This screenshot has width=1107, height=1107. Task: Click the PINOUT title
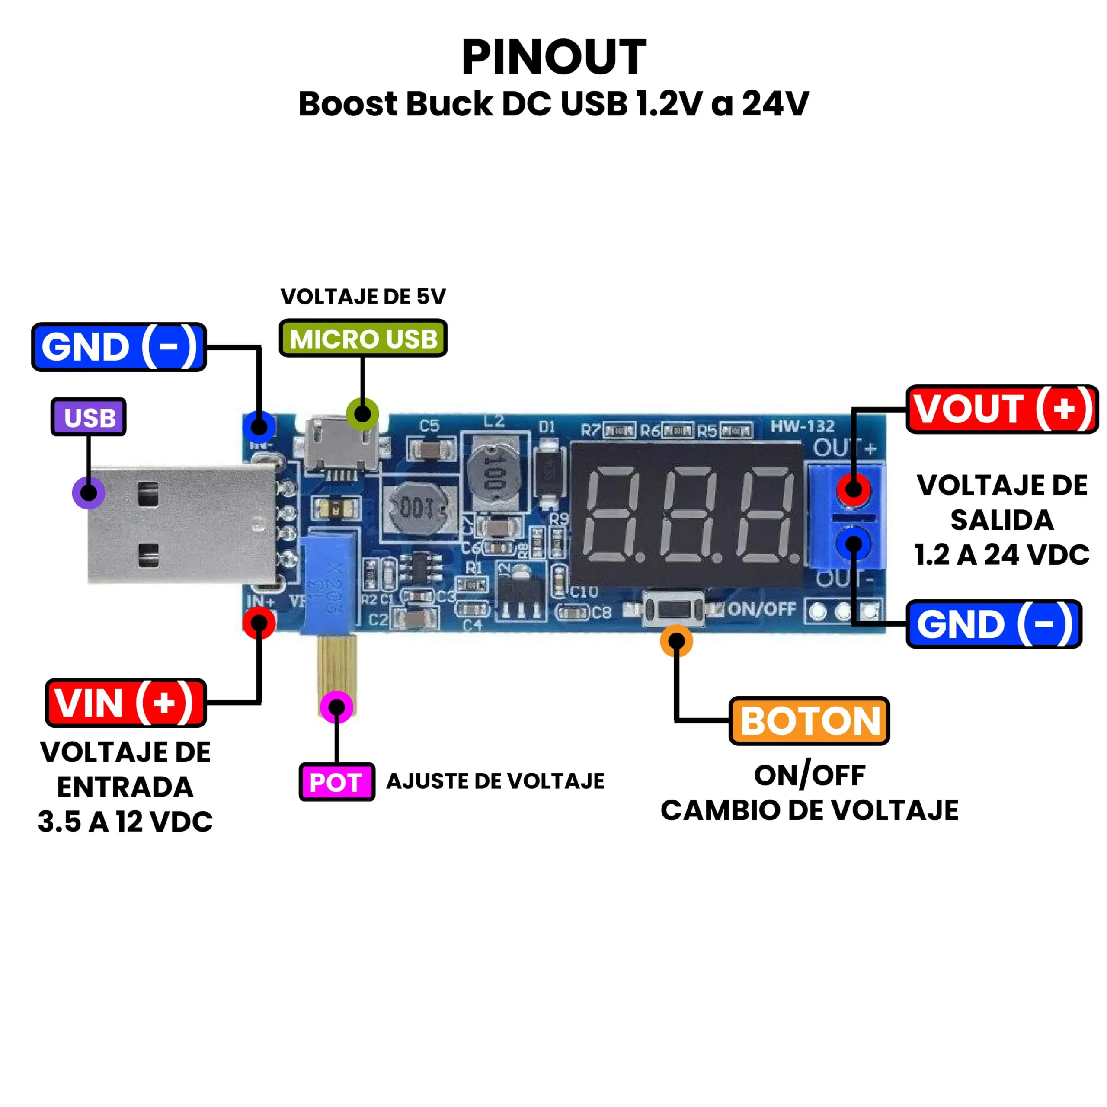click(553, 58)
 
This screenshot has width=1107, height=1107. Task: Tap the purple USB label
click(89, 417)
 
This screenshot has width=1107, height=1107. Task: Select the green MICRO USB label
click(363, 339)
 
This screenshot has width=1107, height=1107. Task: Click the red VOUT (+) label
click(1001, 409)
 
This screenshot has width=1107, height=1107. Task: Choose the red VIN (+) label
click(125, 703)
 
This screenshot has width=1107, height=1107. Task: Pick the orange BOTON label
click(809, 721)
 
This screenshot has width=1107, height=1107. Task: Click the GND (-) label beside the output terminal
click(994, 624)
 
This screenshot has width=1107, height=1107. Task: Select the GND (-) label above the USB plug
click(118, 347)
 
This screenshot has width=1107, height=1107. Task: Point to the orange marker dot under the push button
click(676, 641)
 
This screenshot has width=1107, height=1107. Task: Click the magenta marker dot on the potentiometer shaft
click(336, 707)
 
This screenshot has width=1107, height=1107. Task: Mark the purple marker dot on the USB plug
click(88, 492)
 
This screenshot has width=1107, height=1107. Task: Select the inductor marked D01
click(416, 508)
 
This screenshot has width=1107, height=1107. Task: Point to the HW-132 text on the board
click(802, 426)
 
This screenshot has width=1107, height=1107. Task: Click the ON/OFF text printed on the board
click(762, 609)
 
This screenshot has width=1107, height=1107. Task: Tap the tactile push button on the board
click(674, 609)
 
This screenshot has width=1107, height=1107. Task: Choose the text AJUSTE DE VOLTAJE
click(495, 781)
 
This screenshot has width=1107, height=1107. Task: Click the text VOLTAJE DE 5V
click(363, 296)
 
